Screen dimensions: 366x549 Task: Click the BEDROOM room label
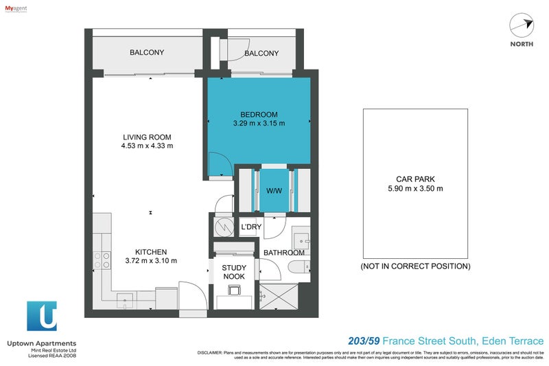259,114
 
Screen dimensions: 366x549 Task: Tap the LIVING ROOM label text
147,136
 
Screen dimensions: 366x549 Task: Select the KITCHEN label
151,251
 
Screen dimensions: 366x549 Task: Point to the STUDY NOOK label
233,272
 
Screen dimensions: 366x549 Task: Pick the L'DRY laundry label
250,227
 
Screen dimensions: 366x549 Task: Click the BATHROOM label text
284,253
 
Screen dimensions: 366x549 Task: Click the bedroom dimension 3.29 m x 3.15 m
259,124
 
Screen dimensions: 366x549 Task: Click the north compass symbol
521,26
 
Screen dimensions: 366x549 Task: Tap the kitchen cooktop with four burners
102,260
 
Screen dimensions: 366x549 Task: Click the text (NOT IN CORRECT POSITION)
415,266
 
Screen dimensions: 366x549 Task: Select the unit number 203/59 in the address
360,341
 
